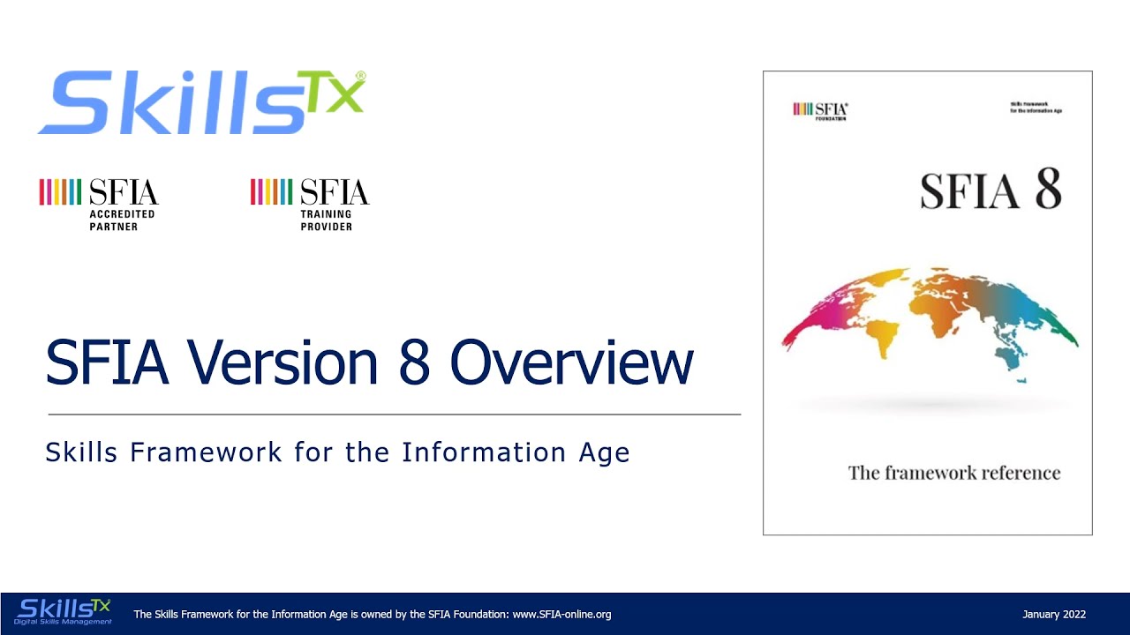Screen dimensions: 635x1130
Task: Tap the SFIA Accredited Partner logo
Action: pos(99,205)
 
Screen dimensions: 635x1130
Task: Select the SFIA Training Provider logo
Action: pos(310,205)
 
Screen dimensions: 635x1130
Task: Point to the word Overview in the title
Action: pos(571,362)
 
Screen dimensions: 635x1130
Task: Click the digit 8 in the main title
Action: pos(418,362)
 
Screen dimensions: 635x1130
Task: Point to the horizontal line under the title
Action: pos(394,414)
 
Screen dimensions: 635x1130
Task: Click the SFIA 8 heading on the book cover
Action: pos(991,190)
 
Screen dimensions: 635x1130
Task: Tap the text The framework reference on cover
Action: pos(953,473)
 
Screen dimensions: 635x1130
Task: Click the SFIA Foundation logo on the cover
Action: pos(820,110)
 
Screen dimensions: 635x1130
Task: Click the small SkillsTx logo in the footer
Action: pos(64,611)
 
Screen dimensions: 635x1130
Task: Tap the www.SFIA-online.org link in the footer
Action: pos(561,615)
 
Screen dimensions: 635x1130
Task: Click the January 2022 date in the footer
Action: pos(1053,615)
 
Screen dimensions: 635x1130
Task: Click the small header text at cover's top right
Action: pos(1035,108)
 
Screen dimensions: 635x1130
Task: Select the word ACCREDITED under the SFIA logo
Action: pos(122,214)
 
